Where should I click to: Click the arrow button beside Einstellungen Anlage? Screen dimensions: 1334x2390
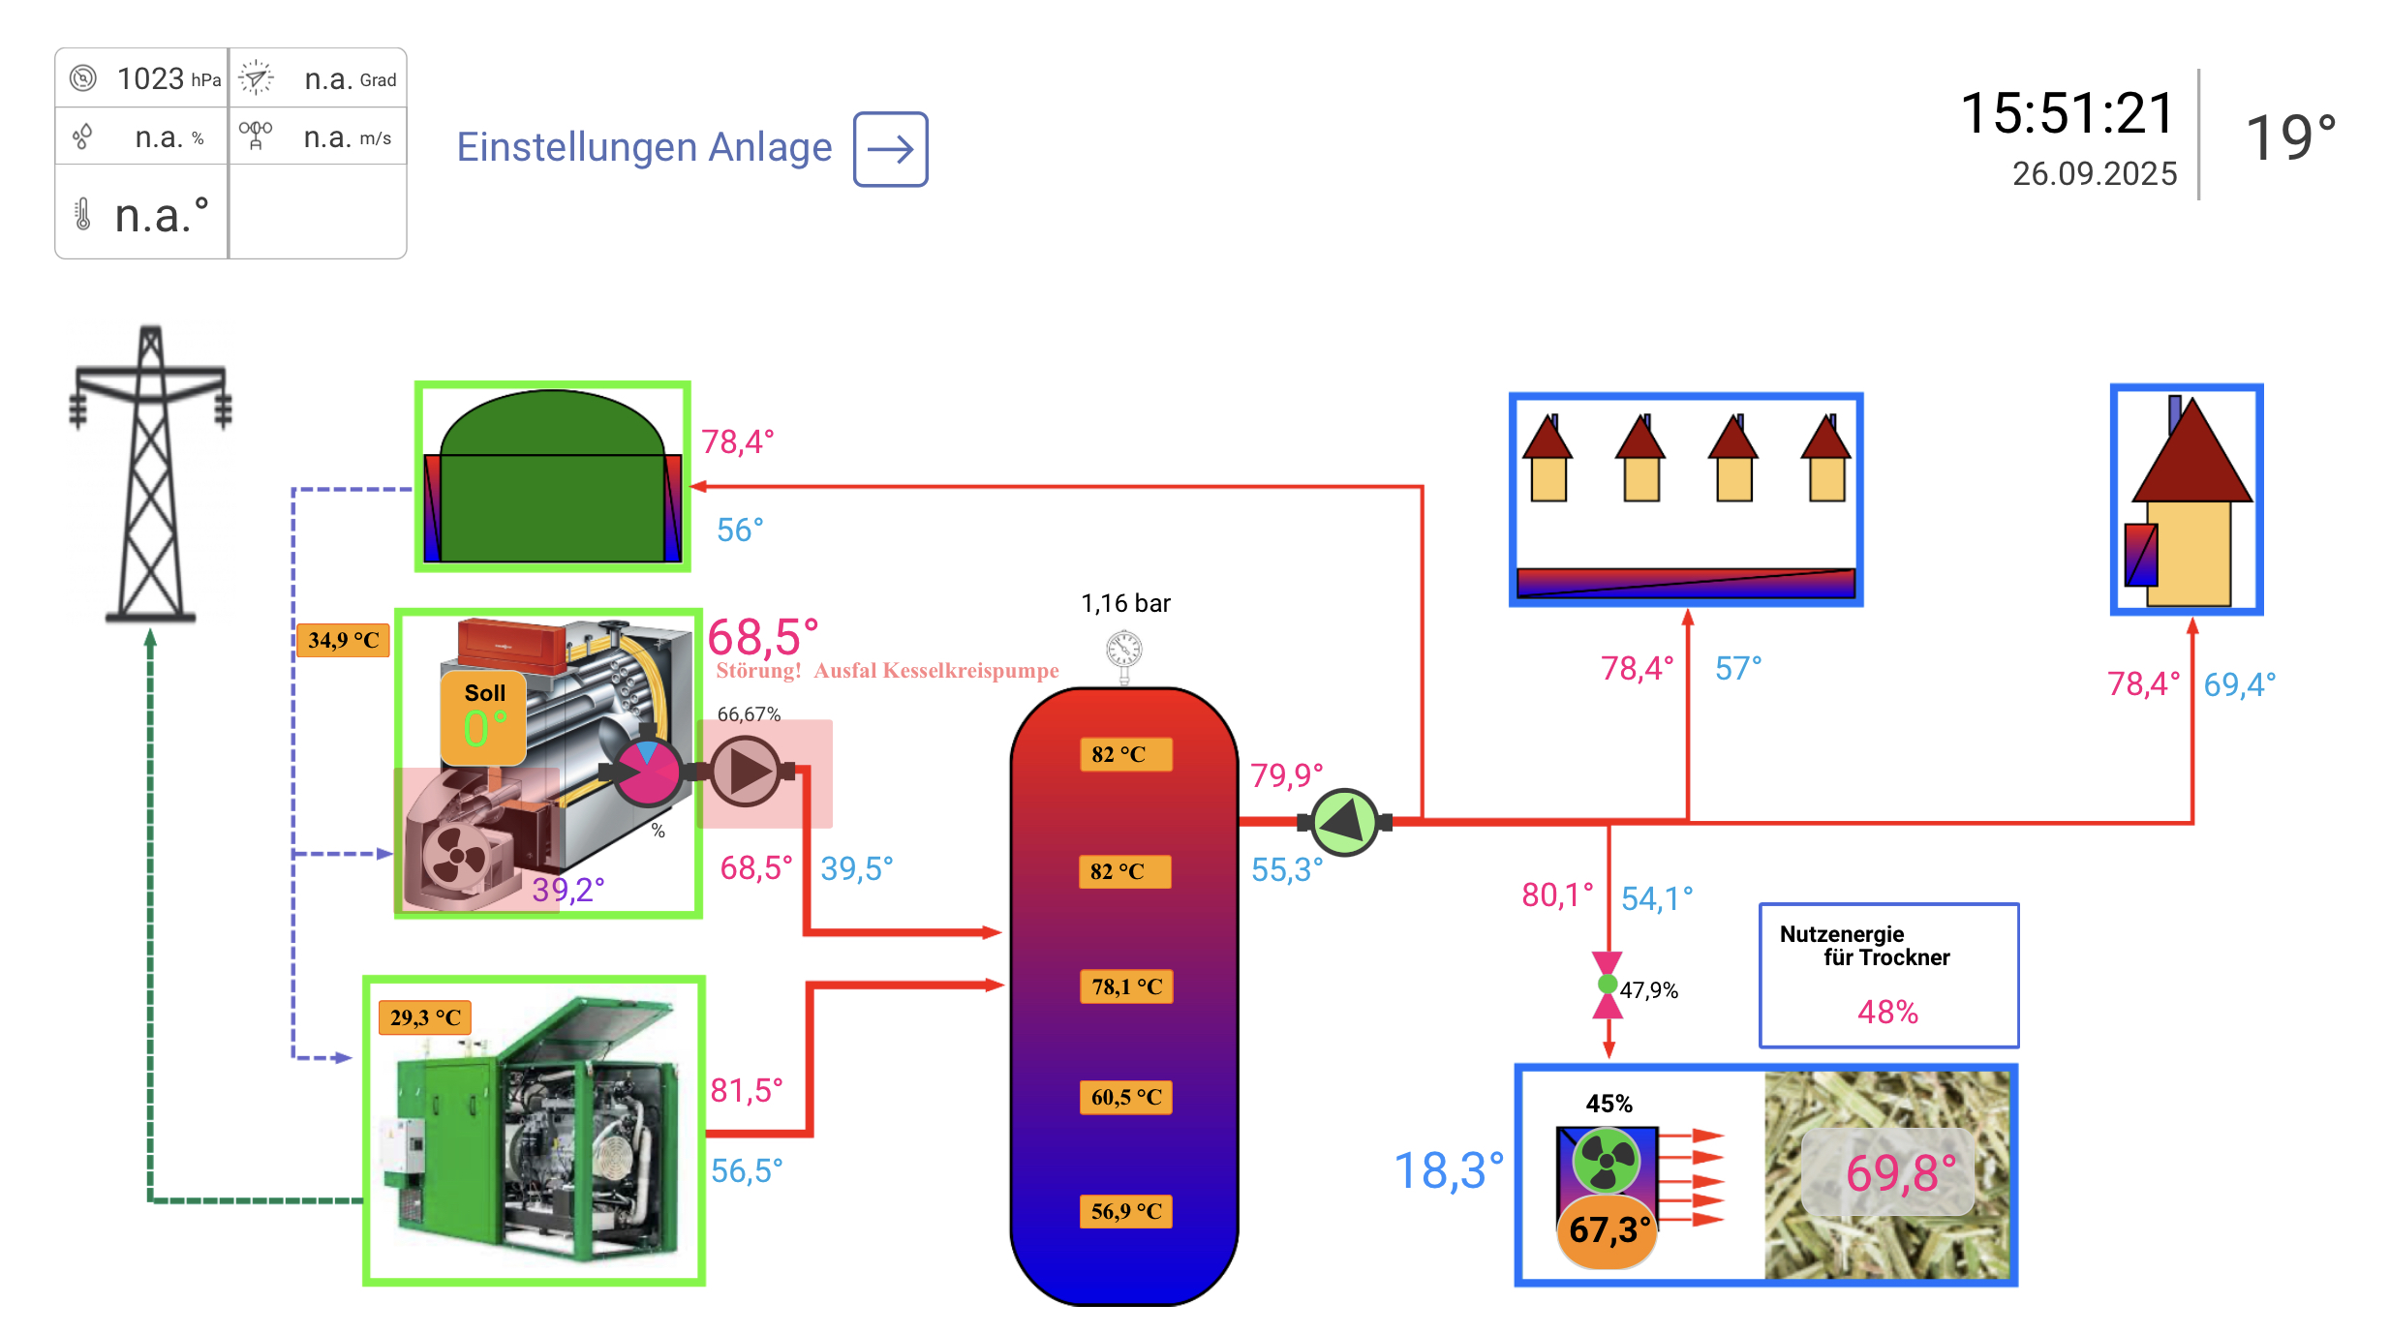tap(890, 149)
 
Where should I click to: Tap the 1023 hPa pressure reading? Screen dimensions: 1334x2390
tap(168, 78)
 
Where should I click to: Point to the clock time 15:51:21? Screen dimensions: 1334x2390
tap(2068, 113)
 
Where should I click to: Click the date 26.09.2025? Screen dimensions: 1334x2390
tap(2094, 174)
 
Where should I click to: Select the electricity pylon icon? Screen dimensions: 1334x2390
tap(150, 474)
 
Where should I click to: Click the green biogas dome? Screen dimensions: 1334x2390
tap(552, 474)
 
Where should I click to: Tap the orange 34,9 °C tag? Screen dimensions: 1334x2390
tap(343, 640)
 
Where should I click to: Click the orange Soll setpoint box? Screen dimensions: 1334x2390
tap(483, 717)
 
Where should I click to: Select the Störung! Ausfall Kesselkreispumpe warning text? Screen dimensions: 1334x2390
tap(887, 671)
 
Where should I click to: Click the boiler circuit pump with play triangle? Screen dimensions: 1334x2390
tap(747, 772)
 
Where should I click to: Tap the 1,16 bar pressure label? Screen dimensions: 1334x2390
tap(1125, 604)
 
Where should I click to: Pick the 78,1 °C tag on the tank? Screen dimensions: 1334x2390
tap(1126, 986)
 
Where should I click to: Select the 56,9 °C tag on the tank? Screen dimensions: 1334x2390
tap(1125, 1211)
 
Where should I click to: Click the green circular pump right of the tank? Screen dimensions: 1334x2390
tap(1344, 823)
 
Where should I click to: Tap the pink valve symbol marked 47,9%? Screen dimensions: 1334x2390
tap(1608, 985)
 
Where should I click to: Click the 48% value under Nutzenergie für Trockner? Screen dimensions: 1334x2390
tap(1887, 1013)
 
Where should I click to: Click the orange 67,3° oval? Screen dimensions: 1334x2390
tap(1608, 1230)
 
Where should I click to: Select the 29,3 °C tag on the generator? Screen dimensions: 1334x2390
tap(425, 1017)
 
